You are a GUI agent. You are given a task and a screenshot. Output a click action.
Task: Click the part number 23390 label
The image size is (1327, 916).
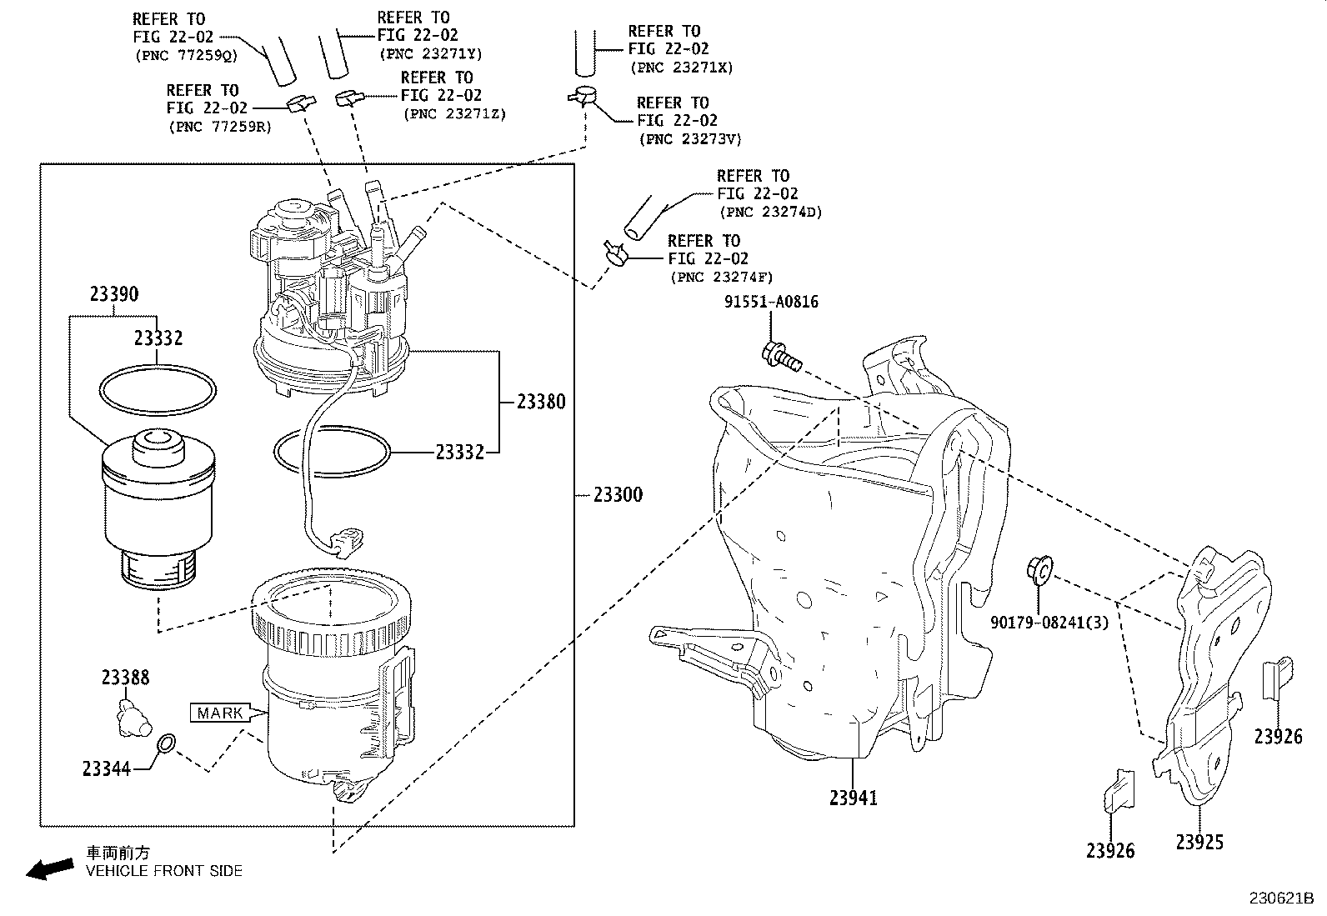point(114,294)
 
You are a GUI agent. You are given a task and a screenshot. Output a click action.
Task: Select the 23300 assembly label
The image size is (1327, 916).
point(618,495)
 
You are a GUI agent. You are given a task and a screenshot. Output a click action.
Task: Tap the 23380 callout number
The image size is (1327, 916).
point(540,403)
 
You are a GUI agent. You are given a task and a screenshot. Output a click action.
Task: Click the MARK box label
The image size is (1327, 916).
point(221,713)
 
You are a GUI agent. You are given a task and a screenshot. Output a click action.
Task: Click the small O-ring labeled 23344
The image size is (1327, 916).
point(166,743)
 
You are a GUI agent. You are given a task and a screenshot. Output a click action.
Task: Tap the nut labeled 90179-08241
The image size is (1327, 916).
point(1039,569)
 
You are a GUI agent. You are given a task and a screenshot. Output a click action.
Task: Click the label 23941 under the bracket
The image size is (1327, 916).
point(853,798)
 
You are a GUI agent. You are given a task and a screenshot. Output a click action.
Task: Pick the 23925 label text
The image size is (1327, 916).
point(1199,843)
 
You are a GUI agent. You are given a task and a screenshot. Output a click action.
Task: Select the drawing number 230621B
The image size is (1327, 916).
point(1280,899)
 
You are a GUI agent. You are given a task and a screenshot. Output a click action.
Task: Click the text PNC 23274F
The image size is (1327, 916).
point(721,277)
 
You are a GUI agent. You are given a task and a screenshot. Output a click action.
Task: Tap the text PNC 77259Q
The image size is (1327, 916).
point(185,55)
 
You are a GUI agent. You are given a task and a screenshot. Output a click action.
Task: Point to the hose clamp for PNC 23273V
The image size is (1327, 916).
point(584,97)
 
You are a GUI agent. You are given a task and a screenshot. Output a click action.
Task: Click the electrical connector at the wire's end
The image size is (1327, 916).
point(346,538)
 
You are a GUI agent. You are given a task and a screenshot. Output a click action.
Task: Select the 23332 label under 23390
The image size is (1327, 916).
point(158,338)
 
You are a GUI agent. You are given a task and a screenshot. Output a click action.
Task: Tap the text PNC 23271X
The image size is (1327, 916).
point(681,68)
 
